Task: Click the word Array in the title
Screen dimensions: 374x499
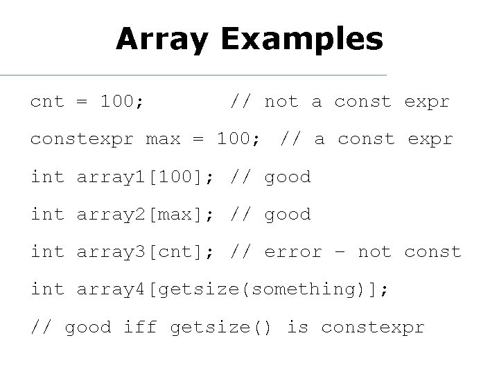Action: coord(161,39)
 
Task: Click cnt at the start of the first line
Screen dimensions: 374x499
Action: coord(47,102)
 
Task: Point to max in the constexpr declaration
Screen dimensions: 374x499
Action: coord(162,139)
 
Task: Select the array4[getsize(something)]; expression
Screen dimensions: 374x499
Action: coord(233,290)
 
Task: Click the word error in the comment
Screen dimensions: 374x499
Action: coord(293,252)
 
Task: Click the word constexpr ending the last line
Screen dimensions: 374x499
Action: coord(372,327)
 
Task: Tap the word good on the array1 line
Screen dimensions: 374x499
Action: coord(288,177)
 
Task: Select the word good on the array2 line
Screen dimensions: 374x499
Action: coord(288,215)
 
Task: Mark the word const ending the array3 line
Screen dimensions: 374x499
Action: coord(432,252)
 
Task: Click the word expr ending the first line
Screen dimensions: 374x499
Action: coord(427,102)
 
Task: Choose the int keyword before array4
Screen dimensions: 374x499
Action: coord(47,290)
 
